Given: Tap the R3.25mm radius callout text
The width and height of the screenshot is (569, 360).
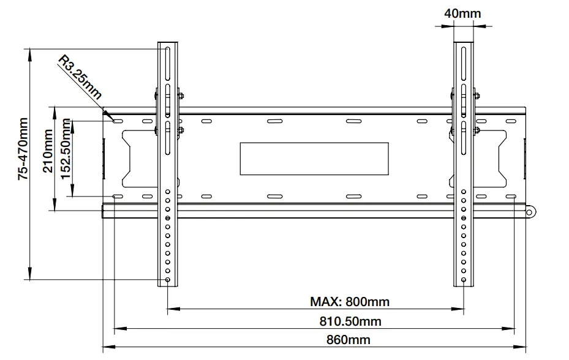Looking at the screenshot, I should pos(80,77).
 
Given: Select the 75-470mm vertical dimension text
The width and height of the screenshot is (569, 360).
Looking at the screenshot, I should pos(23,149).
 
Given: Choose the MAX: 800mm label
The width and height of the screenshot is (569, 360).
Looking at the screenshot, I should pos(349,301).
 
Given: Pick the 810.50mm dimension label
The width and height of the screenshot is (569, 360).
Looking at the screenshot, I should pos(350,321).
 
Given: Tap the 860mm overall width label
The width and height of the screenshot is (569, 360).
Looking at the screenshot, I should pos(349,340).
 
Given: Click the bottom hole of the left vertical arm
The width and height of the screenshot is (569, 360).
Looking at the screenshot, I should pos(168,280).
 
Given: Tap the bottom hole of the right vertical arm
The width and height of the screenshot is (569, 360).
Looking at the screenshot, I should pos(464,280).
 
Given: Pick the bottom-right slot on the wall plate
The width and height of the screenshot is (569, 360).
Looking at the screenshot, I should pos(510,197).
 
